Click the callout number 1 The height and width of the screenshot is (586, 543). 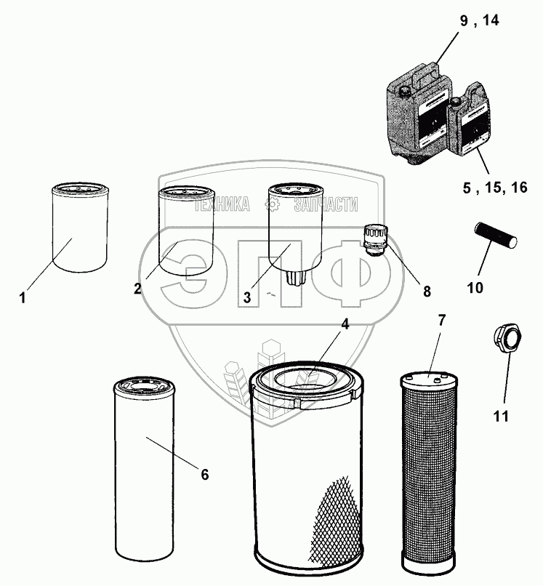coord(23,297)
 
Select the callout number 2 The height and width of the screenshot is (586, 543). coord(137,288)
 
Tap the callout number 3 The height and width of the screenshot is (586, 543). coord(247,297)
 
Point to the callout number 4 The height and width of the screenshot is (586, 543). coord(345,325)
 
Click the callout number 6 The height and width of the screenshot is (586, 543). coord(204,475)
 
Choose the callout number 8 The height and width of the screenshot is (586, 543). coord(427,292)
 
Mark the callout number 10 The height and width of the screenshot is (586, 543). coord(475,288)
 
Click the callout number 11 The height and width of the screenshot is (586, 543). coord(500,416)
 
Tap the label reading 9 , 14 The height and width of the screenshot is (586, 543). coord(480,20)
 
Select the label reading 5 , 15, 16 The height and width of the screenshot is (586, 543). coord(494,188)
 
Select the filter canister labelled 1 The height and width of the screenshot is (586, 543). coord(79,228)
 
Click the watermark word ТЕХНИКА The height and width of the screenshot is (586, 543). coord(221,205)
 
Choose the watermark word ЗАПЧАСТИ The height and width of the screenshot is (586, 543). coord(326,205)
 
